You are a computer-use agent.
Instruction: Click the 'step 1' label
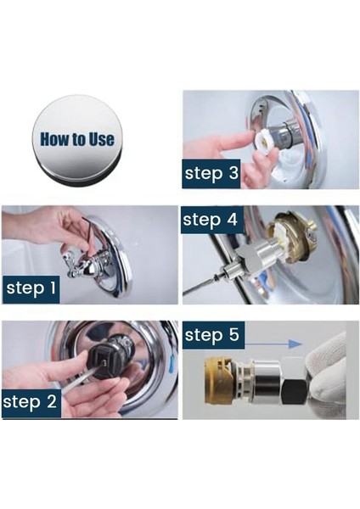[x=31, y=289]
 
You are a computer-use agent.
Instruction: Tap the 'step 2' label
[x=30, y=402]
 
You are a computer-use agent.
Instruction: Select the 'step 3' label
[x=211, y=173]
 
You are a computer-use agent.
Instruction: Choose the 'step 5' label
[x=212, y=335]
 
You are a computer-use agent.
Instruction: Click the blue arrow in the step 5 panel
[x=273, y=344]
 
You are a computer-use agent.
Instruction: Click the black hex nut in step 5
[x=295, y=393]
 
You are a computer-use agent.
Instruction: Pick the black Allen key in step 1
[x=87, y=234]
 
